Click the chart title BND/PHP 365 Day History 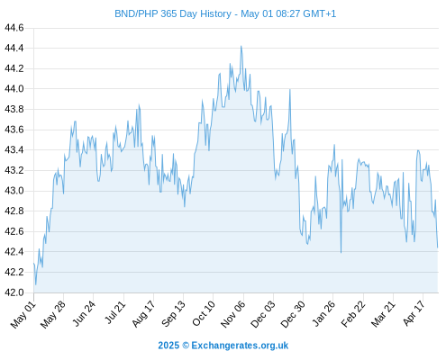click(x=173, y=13)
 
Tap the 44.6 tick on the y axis click(x=14, y=28)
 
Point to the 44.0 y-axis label click(x=14, y=89)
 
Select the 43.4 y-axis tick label click(x=14, y=149)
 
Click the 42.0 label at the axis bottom click(x=14, y=292)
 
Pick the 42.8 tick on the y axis click(x=14, y=211)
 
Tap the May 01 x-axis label click(x=23, y=315)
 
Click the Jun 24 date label click(x=84, y=313)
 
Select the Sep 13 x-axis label click(x=173, y=313)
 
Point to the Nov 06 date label click(x=233, y=314)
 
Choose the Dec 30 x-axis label click(x=293, y=314)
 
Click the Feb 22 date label click(x=353, y=314)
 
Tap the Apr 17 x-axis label click(x=414, y=313)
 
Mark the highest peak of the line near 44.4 click(x=241, y=46)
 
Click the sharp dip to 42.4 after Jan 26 click(x=341, y=252)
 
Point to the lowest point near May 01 click(x=36, y=284)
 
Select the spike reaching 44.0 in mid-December click(x=290, y=89)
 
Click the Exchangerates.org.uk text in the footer click(x=240, y=346)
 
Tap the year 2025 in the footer click(x=168, y=346)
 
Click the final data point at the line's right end click(x=438, y=247)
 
